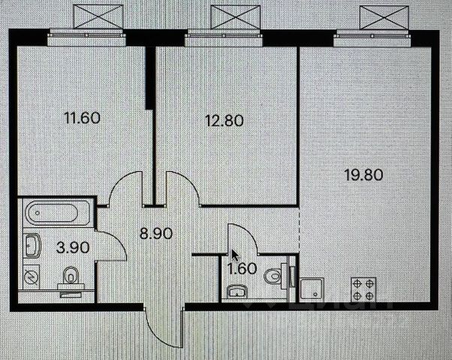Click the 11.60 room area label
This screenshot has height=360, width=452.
coord(83,118)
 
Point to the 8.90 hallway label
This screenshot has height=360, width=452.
coord(156,233)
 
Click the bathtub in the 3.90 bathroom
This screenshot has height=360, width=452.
coord(56,214)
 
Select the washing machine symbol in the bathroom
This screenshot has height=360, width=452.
coord(31,277)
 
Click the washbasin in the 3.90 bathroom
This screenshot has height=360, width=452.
coord(32,244)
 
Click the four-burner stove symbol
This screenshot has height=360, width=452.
coord(362,290)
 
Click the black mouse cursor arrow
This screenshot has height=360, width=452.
coord(235,253)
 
